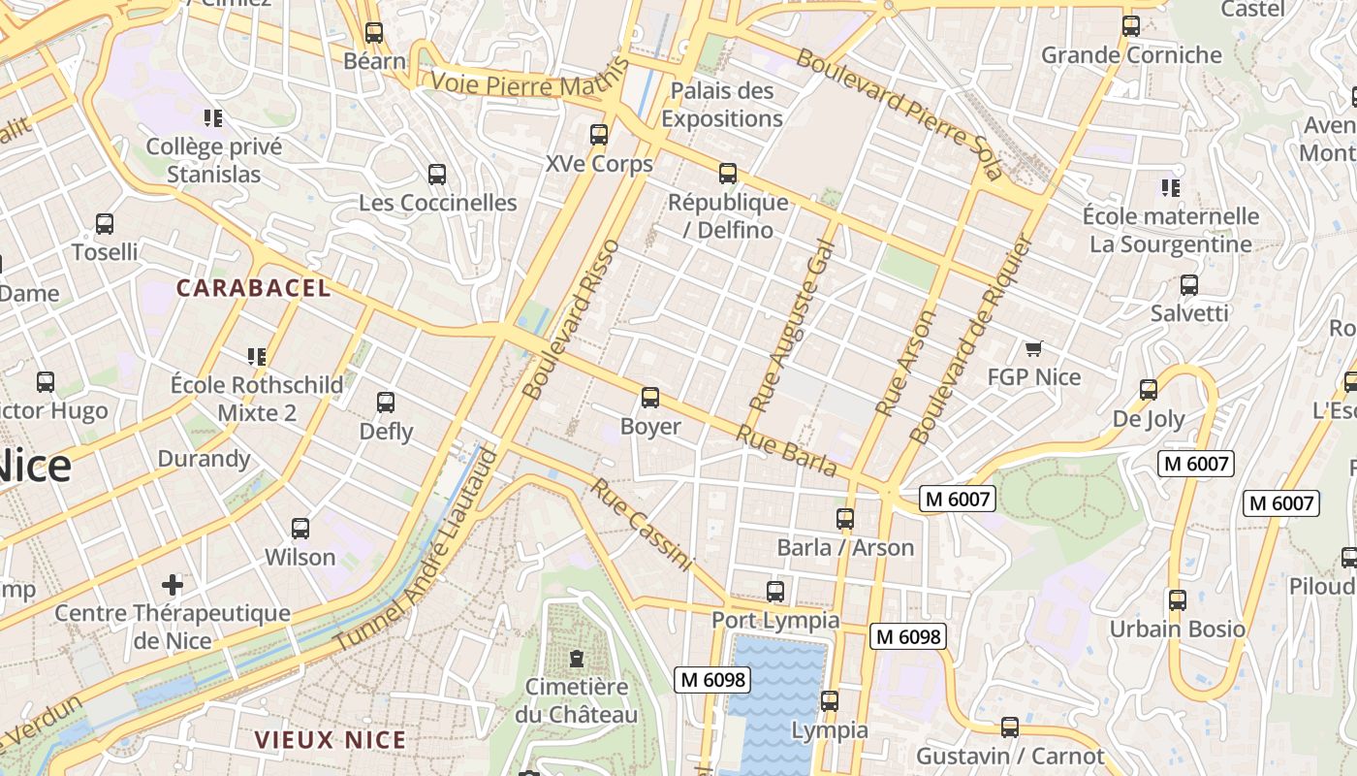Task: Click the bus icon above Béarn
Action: pyautogui.click(x=374, y=32)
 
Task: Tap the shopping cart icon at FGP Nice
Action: pyautogui.click(x=1033, y=348)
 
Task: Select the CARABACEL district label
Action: pyautogui.click(x=253, y=288)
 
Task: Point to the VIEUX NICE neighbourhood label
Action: pyautogui.click(x=330, y=740)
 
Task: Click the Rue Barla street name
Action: pyautogui.click(x=786, y=451)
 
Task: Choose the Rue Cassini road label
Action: pyautogui.click(x=642, y=525)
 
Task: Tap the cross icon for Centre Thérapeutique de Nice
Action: pyautogui.click(x=173, y=584)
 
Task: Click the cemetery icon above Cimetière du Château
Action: pyautogui.click(x=577, y=659)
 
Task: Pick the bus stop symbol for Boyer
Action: pyautogui.click(x=650, y=398)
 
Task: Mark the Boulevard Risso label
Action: pyautogui.click(x=570, y=320)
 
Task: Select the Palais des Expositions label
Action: pyautogui.click(x=722, y=105)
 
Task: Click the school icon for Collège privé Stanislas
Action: pyautogui.click(x=213, y=118)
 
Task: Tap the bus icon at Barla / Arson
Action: pyautogui.click(x=845, y=519)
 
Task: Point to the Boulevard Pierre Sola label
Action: pyautogui.click(x=898, y=113)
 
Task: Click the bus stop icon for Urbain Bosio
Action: pyautogui.click(x=1177, y=600)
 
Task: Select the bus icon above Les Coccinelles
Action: pyautogui.click(x=437, y=175)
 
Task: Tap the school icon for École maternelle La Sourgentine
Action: pyautogui.click(x=1171, y=187)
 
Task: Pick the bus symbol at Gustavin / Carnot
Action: pyautogui.click(x=1010, y=727)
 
